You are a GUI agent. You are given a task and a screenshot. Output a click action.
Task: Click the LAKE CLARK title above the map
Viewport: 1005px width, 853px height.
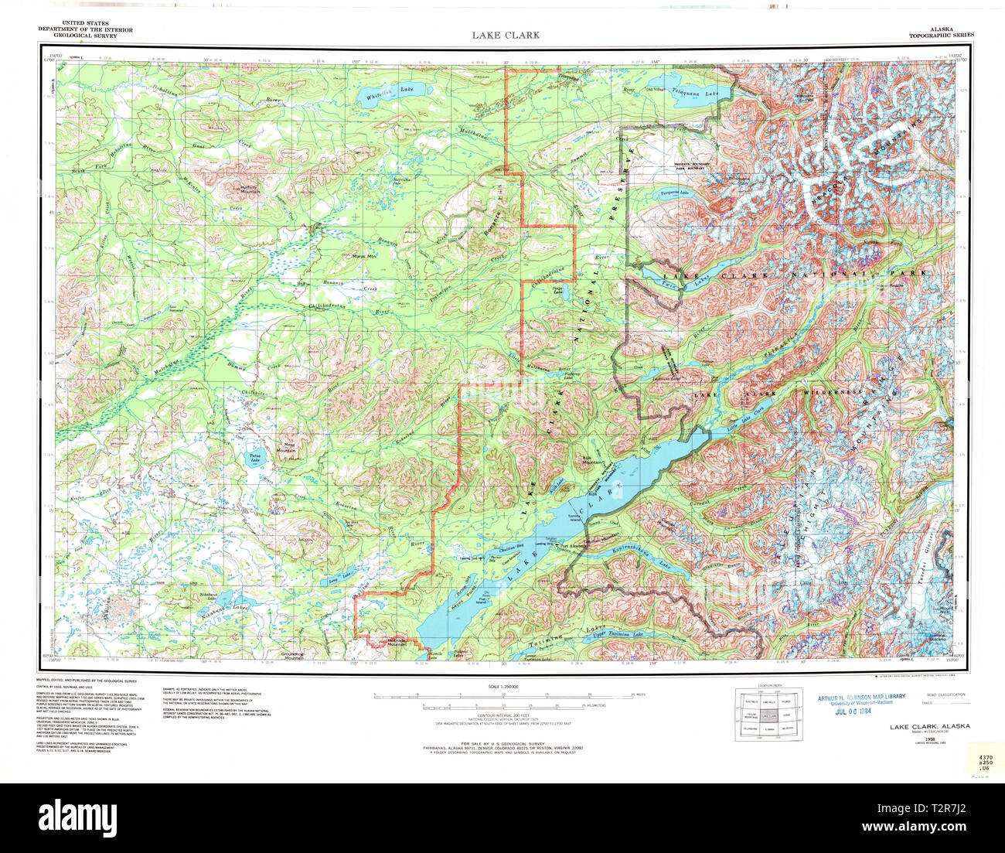(506, 35)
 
